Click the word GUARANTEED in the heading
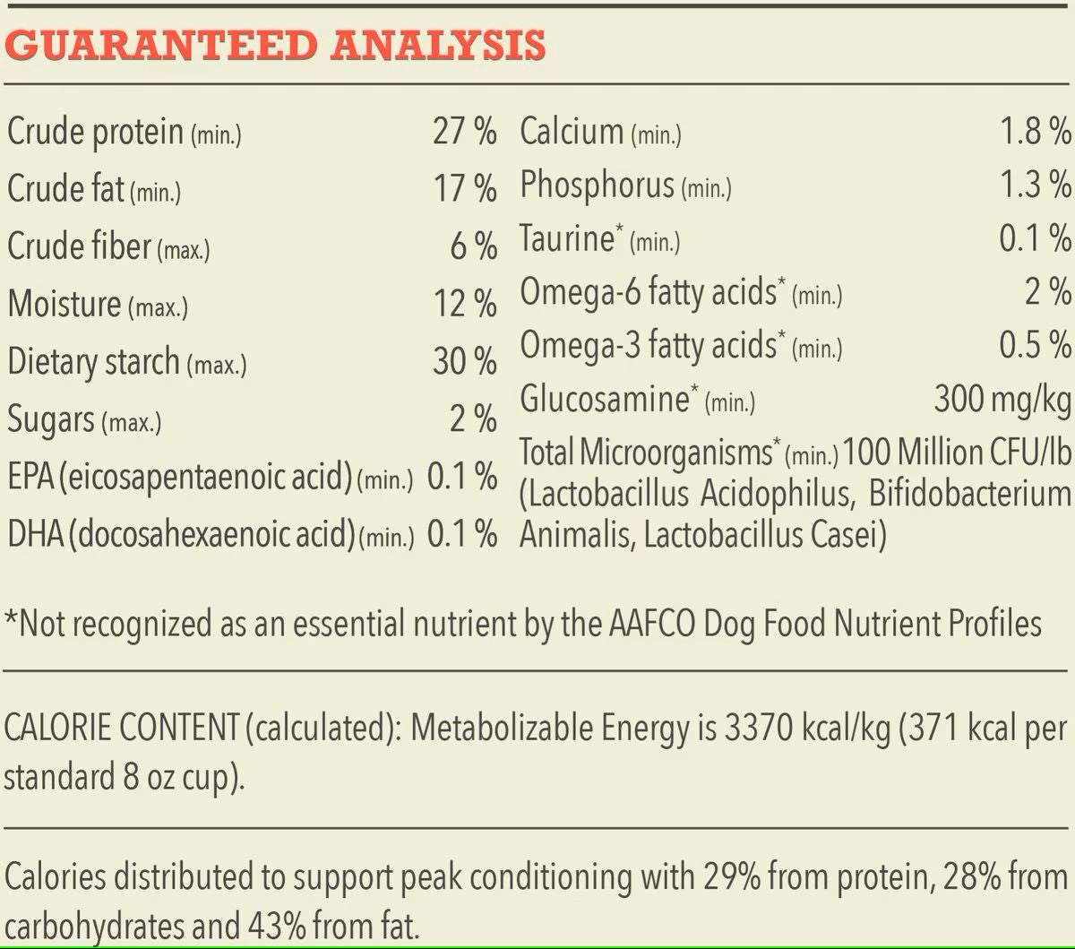161,45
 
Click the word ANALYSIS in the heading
438,45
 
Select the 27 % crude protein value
465,131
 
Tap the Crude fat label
65,188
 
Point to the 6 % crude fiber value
474,246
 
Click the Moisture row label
64,304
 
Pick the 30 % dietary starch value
465,361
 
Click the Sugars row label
51,419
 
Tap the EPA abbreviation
30,476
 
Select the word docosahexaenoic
212,533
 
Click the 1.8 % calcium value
1036,131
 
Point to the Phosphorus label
597,185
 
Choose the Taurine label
567,238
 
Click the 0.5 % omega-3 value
1036,344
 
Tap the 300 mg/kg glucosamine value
1002,400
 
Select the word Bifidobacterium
970,494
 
